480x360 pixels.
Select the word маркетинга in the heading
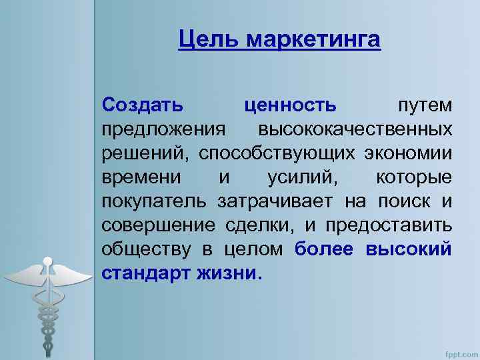click(314, 40)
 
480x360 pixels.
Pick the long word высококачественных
click(356, 128)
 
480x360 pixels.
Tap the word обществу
click(142, 248)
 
